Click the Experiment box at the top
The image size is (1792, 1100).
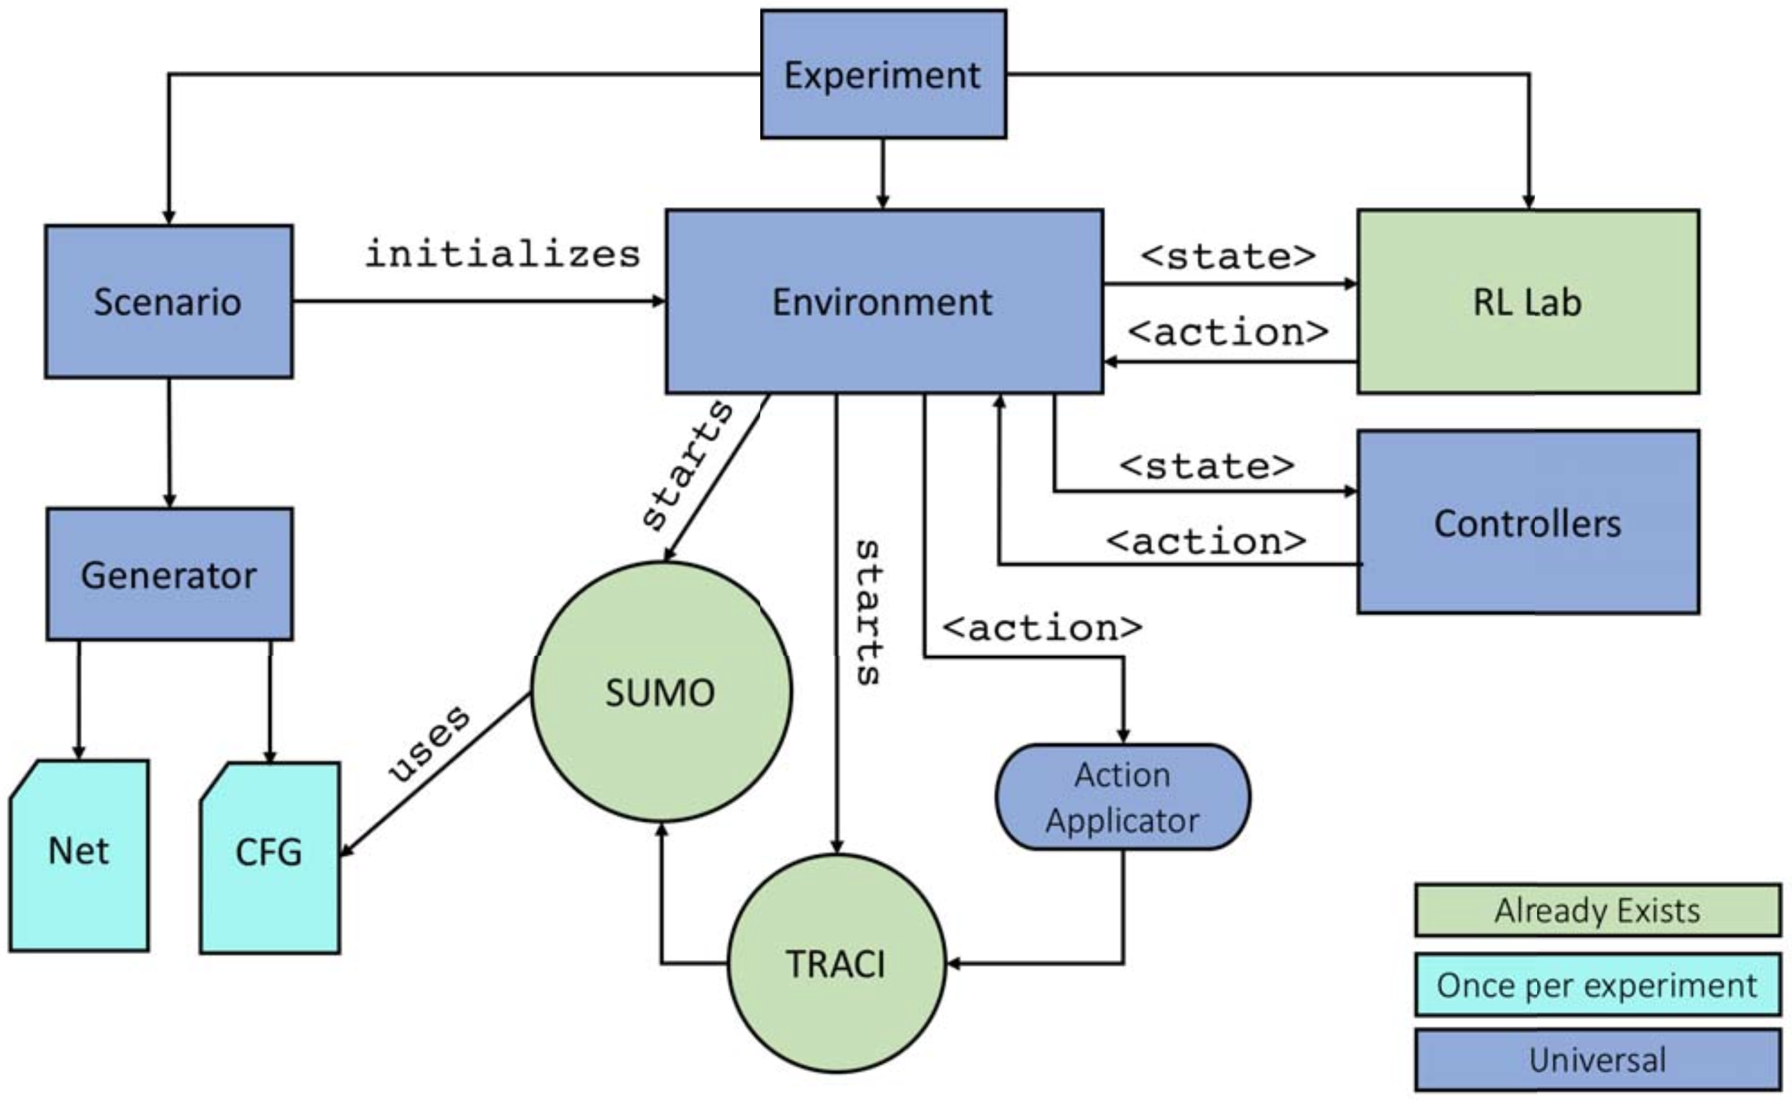(884, 74)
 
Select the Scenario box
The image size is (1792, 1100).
(168, 301)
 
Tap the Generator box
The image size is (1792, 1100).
(170, 575)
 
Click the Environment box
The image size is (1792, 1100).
(884, 301)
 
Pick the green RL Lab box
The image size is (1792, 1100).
(1527, 301)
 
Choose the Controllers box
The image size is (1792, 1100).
(1527, 522)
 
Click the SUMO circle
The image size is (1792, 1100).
(660, 691)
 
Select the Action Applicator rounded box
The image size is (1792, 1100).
(1122, 797)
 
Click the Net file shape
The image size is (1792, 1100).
(78, 855)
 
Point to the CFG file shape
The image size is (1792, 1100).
(269, 857)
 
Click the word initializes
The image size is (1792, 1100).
(502, 254)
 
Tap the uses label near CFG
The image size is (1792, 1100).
(429, 744)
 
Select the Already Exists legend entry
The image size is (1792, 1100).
(1597, 910)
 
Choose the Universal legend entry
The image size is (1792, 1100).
(1597, 1059)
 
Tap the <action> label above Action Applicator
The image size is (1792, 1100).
(1041, 628)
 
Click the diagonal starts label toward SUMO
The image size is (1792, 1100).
(687, 466)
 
